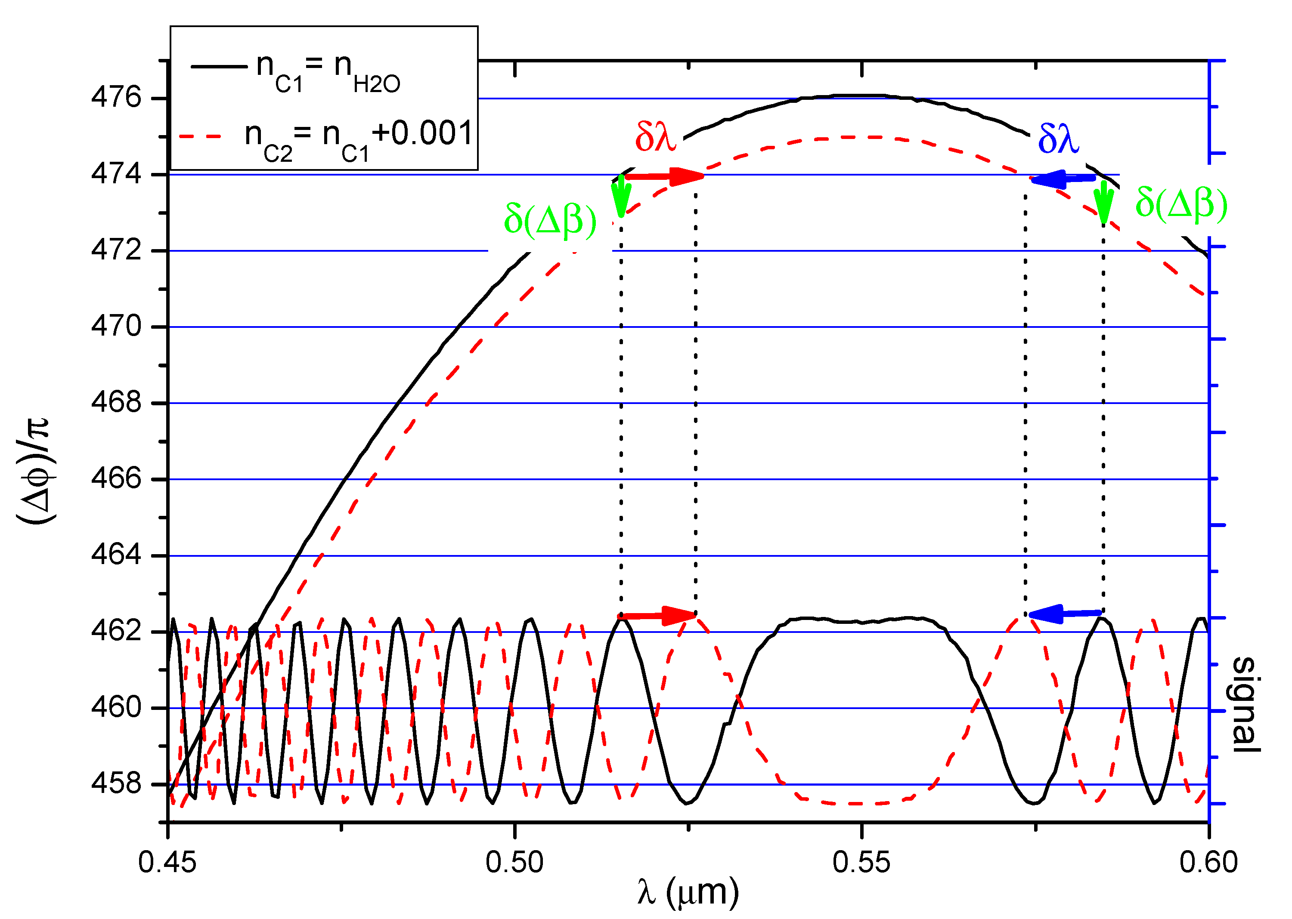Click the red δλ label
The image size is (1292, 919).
click(655, 136)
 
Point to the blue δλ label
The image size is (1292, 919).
click(1058, 139)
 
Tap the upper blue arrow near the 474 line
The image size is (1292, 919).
click(1063, 179)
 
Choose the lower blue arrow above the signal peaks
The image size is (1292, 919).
click(1064, 614)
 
